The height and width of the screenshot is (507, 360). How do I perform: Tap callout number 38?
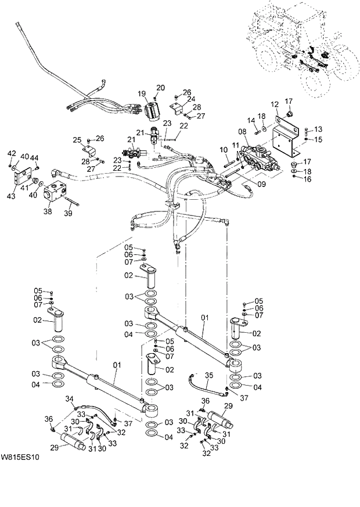(48, 212)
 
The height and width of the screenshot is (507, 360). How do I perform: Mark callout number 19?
(141, 94)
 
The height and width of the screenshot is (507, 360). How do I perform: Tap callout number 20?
(160, 87)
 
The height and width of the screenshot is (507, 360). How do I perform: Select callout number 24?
(190, 99)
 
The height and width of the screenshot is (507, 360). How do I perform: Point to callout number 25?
(77, 140)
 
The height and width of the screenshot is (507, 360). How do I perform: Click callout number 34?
(70, 398)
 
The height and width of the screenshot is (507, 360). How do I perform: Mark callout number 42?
(12, 153)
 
